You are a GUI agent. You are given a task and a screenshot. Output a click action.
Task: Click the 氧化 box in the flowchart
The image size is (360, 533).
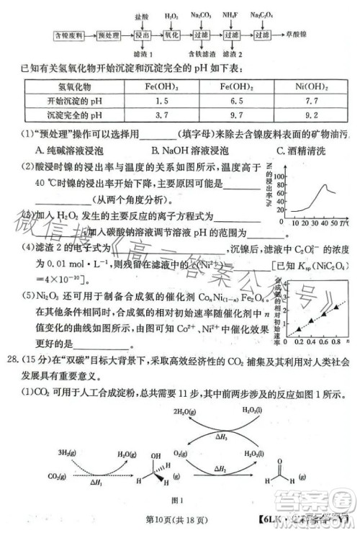pos(171,34)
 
